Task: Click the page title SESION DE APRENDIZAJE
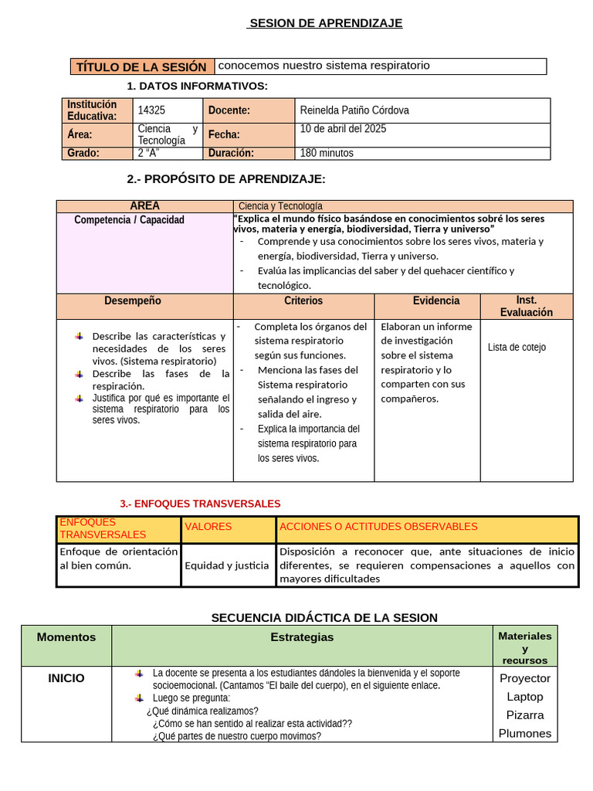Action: (x=325, y=23)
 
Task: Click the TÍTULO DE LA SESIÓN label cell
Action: (x=141, y=67)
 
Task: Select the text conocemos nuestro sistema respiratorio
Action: (x=324, y=66)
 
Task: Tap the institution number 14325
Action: (x=151, y=110)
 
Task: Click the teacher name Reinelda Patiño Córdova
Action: (x=354, y=110)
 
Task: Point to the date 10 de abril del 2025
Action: (x=343, y=129)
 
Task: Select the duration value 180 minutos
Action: (x=327, y=153)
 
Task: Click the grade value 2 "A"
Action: (x=148, y=153)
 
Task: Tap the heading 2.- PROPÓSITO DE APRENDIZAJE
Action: (x=226, y=179)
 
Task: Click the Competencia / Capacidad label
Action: (x=129, y=220)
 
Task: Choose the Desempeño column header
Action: (x=133, y=300)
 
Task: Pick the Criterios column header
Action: (x=303, y=300)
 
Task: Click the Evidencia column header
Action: (x=435, y=300)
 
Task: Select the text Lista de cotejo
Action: (x=517, y=348)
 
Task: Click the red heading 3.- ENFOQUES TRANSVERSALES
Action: (x=200, y=504)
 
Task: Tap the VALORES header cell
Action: (x=208, y=527)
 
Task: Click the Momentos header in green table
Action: (x=66, y=637)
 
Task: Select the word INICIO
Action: (x=66, y=678)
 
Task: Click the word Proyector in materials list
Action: (x=525, y=678)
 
